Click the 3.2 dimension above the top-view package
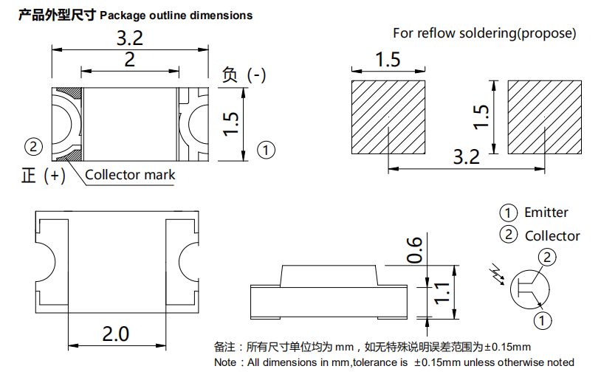pyautogui.click(x=129, y=38)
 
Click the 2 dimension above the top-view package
pyautogui.click(x=129, y=60)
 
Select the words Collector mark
pyautogui.click(x=130, y=175)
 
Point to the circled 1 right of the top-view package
pyautogui.click(x=266, y=151)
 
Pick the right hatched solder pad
pyautogui.click(x=545, y=117)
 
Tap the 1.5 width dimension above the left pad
pyautogui.click(x=388, y=60)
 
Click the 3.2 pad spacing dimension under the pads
pyautogui.click(x=466, y=156)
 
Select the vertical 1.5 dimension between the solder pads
pyautogui.click(x=481, y=116)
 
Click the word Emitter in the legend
pyautogui.click(x=546, y=213)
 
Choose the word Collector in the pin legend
pyautogui.click(x=552, y=236)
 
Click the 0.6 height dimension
pyautogui.click(x=415, y=250)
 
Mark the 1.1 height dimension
pyautogui.click(x=442, y=293)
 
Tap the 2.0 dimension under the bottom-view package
pyautogui.click(x=115, y=334)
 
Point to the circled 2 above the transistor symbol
pyautogui.click(x=546, y=257)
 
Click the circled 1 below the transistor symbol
pyautogui.click(x=543, y=321)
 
